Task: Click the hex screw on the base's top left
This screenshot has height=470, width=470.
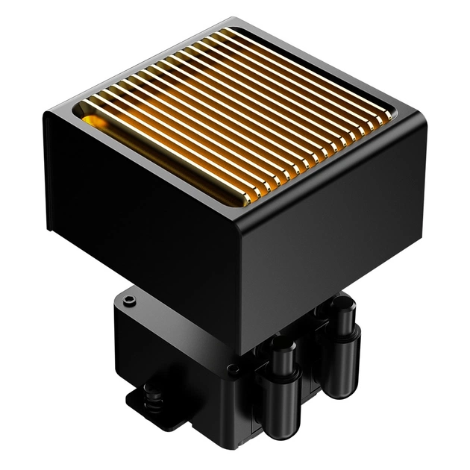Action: click(x=130, y=300)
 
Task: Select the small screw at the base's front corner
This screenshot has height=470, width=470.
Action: click(x=233, y=369)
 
